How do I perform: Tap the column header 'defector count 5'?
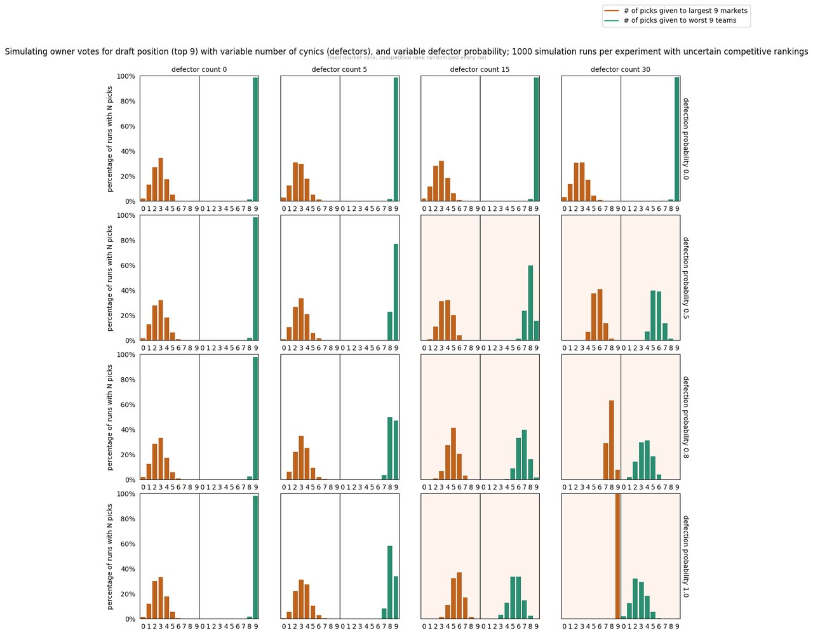[340, 69]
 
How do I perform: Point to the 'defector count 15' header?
[480, 69]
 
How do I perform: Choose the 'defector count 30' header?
[621, 69]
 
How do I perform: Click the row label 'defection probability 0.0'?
[686, 138]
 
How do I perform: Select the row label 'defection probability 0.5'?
[686, 278]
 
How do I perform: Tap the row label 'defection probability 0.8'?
[686, 417]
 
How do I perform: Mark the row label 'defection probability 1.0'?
[686, 556]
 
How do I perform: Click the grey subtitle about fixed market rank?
[406, 58]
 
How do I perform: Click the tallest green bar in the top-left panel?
[256, 139]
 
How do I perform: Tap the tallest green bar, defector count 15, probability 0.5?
[530, 303]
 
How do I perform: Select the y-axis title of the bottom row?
[110, 556]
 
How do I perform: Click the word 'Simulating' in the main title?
[24, 52]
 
